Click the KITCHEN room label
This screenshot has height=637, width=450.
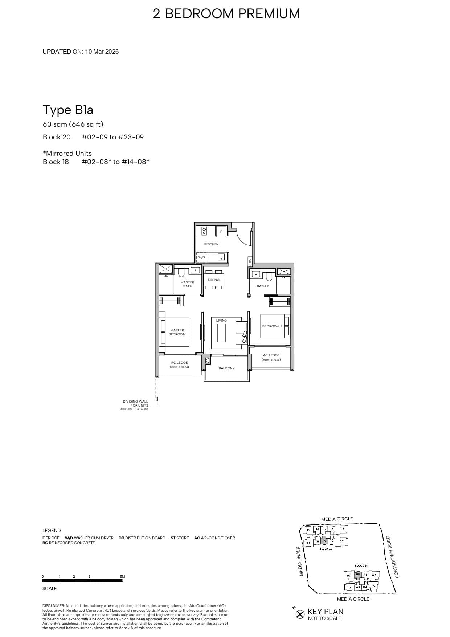[x=211, y=244]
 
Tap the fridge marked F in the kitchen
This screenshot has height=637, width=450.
[x=221, y=232]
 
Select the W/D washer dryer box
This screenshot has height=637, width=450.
[x=201, y=257]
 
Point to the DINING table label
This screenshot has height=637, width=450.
[x=214, y=280]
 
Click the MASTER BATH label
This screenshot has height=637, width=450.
[x=187, y=284]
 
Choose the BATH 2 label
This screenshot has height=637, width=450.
[x=263, y=286]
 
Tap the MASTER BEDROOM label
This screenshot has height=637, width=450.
[x=177, y=332]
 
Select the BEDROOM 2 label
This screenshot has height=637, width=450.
[x=272, y=326]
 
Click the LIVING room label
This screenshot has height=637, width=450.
[x=221, y=320]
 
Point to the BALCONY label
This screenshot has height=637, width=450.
[x=226, y=368]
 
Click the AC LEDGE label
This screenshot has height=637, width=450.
[x=271, y=358]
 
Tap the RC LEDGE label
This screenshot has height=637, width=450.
[x=180, y=364]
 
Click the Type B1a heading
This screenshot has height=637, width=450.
[x=68, y=110]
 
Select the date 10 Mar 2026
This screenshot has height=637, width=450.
[x=102, y=52]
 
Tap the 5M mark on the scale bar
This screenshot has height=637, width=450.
[x=122, y=576]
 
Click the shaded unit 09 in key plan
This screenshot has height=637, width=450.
[x=324, y=541]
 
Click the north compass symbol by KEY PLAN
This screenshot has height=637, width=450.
[x=300, y=614]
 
